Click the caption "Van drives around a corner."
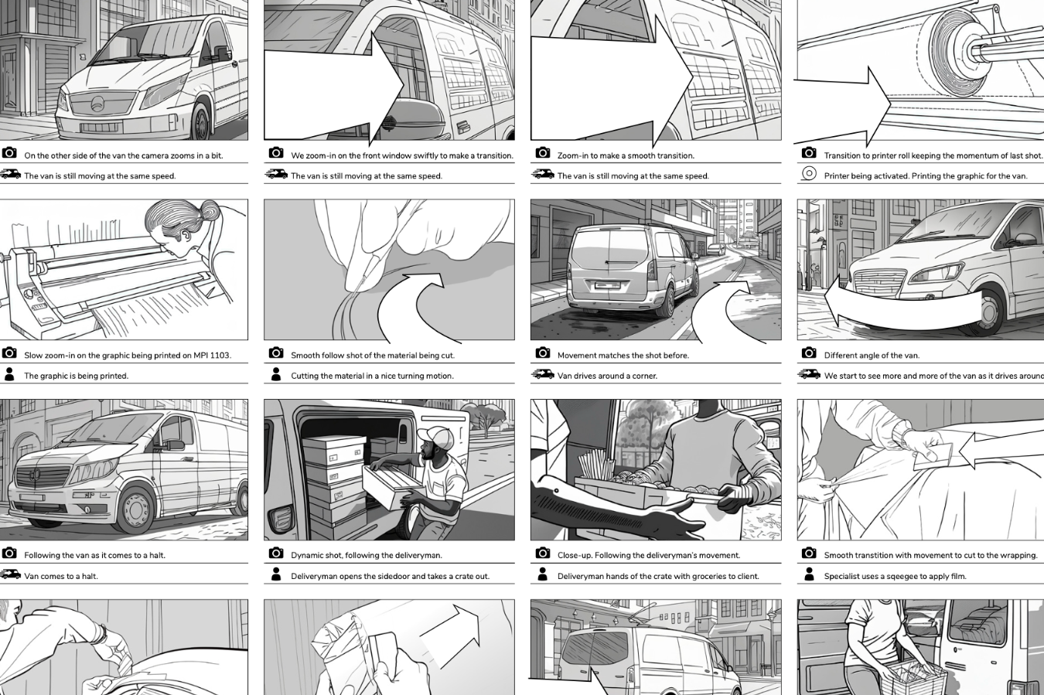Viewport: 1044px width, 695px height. [607, 376]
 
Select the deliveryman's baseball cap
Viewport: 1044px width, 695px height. [435, 438]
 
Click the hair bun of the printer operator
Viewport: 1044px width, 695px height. [210, 210]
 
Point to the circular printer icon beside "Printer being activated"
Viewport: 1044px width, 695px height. [809, 174]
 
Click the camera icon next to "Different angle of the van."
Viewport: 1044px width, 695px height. [809, 353]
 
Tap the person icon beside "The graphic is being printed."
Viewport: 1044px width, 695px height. [9, 374]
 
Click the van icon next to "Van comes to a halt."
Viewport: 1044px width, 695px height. [10, 574]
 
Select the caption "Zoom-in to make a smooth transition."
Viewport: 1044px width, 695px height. [626, 155]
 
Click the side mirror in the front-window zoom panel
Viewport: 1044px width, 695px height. [414, 115]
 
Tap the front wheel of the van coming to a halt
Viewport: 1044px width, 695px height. [135, 509]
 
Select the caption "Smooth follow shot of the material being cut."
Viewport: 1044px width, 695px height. [373, 356]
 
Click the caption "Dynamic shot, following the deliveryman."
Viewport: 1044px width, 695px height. [367, 555]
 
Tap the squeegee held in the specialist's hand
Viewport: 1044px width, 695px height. [933, 456]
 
